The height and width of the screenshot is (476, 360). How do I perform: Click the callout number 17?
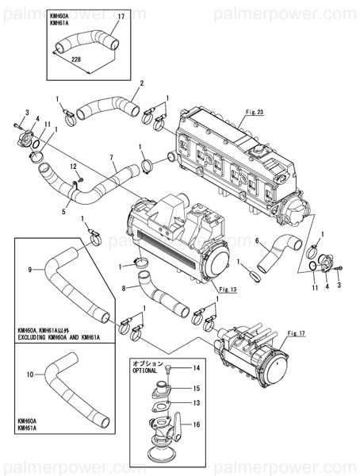click(x=121, y=16)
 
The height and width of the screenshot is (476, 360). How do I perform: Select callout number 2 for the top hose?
click(x=141, y=83)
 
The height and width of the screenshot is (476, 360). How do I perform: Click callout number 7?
click(x=112, y=157)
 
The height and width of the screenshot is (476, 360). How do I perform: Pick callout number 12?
click(x=72, y=167)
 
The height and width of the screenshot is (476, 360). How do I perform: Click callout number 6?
click(x=257, y=240)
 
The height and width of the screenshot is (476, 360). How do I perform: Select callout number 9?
click(x=29, y=270)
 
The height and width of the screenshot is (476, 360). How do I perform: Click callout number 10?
click(x=29, y=372)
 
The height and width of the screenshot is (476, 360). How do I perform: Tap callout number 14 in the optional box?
click(x=197, y=369)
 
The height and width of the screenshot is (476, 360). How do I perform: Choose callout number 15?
click(x=197, y=388)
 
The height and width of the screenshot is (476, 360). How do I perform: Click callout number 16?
click(x=197, y=424)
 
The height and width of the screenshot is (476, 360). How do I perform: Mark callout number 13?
click(x=197, y=403)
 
